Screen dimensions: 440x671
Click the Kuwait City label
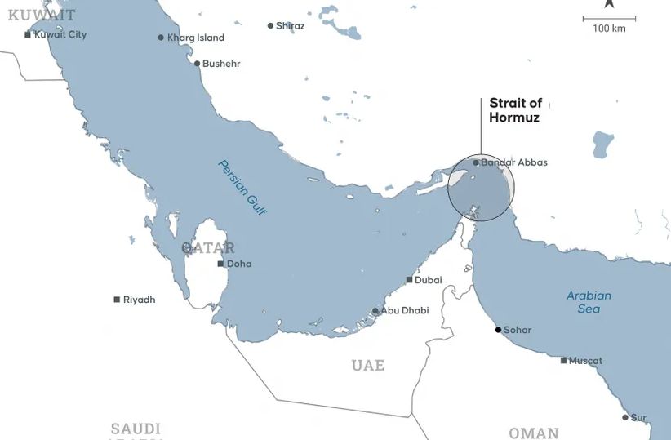(x=60, y=35)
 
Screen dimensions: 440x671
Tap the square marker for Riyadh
(x=117, y=300)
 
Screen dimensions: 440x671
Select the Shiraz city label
(x=290, y=26)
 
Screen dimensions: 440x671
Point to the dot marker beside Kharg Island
(x=161, y=38)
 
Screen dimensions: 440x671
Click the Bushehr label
(x=221, y=64)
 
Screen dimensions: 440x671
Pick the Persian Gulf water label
(x=242, y=187)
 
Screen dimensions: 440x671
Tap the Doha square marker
(x=220, y=264)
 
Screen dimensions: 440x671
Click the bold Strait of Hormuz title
(x=515, y=110)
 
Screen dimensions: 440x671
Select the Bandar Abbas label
(x=514, y=162)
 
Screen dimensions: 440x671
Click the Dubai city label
(x=428, y=280)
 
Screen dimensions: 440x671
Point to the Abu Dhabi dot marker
(x=375, y=311)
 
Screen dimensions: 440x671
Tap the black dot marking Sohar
(x=498, y=330)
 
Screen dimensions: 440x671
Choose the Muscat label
(x=585, y=361)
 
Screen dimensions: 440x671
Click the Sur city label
(x=638, y=418)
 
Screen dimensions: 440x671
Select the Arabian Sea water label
(x=589, y=302)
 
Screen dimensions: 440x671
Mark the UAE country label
(x=368, y=365)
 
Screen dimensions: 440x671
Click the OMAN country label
(x=534, y=433)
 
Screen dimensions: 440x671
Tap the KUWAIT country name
(x=42, y=15)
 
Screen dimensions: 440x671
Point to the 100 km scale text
(x=609, y=29)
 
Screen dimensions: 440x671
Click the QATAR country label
(x=208, y=248)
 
